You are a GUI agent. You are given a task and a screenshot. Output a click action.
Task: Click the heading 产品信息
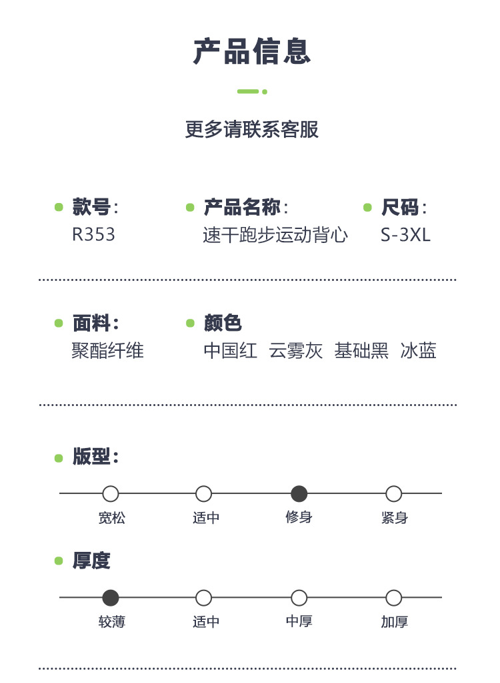coord(252,52)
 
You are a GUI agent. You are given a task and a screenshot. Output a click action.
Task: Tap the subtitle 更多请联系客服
coord(252,129)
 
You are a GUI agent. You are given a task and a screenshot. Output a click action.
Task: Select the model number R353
coord(93,235)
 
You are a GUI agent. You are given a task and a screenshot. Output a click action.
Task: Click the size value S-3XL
coord(405,235)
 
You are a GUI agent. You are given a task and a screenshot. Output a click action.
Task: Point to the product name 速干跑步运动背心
coord(275,235)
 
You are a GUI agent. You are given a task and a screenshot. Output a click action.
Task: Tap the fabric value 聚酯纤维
coord(107,351)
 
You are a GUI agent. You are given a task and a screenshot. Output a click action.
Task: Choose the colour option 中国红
coord(230,351)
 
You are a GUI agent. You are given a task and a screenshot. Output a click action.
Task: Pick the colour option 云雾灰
coord(295,351)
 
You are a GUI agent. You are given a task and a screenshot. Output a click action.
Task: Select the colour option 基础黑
coord(361,351)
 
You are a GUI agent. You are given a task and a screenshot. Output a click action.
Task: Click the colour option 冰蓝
coord(419,351)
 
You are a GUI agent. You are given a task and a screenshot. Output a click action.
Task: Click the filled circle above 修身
coord(299,494)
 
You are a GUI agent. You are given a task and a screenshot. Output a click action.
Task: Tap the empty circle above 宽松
coord(111,494)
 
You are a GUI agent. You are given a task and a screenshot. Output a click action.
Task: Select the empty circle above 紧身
coord(394,494)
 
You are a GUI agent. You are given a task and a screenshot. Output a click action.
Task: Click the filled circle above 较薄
coord(111,598)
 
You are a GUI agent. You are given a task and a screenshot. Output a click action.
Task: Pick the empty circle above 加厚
coord(394,598)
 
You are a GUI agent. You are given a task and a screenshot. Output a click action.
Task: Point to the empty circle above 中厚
coord(299,598)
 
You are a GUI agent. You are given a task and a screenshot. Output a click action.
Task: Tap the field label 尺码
coord(400,208)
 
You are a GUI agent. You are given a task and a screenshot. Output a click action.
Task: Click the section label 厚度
coord(91,561)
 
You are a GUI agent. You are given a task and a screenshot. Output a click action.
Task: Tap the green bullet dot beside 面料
coord(59,324)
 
